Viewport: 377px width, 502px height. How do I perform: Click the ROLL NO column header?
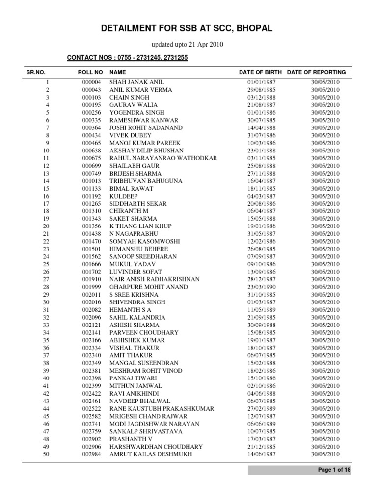pos(90,72)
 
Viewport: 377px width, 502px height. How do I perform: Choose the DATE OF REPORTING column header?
pos(317,72)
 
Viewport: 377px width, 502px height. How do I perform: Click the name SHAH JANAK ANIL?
pos(137,82)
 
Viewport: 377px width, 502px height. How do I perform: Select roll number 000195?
pos(91,105)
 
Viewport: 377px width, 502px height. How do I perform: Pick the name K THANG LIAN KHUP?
pos(140,226)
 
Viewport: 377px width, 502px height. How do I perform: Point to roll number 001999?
pos(91,287)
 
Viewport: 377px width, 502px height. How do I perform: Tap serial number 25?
pos(47,264)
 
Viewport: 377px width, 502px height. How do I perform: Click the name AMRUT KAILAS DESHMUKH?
pos(151,454)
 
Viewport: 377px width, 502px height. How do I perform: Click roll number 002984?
pos(91,454)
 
